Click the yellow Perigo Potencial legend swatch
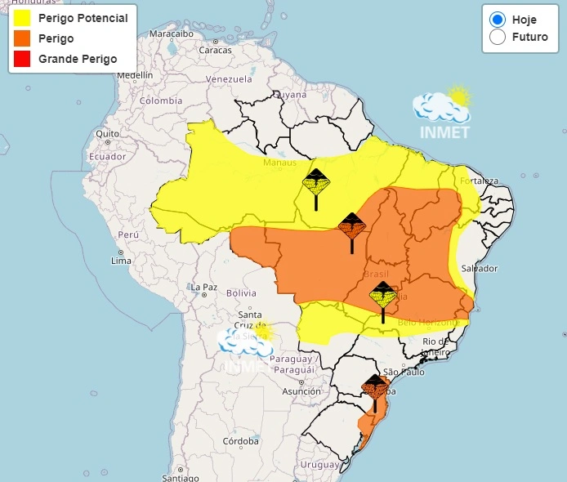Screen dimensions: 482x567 tap(22, 18)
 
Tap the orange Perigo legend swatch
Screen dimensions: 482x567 tap(22, 38)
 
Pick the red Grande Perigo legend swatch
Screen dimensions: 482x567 tap(22, 59)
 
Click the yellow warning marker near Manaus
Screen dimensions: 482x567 tap(315, 184)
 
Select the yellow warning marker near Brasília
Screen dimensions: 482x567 tap(382, 296)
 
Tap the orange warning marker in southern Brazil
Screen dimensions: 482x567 tap(375, 389)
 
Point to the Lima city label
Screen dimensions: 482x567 tap(120, 261)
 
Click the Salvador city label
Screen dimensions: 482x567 tap(479, 268)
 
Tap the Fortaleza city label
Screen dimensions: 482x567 tap(479, 181)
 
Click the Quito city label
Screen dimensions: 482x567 tap(108, 133)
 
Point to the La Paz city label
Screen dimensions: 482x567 tap(203, 287)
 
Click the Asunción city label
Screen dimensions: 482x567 tap(301, 391)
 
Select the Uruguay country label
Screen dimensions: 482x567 tap(319, 464)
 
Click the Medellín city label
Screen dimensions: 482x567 tap(135, 75)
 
